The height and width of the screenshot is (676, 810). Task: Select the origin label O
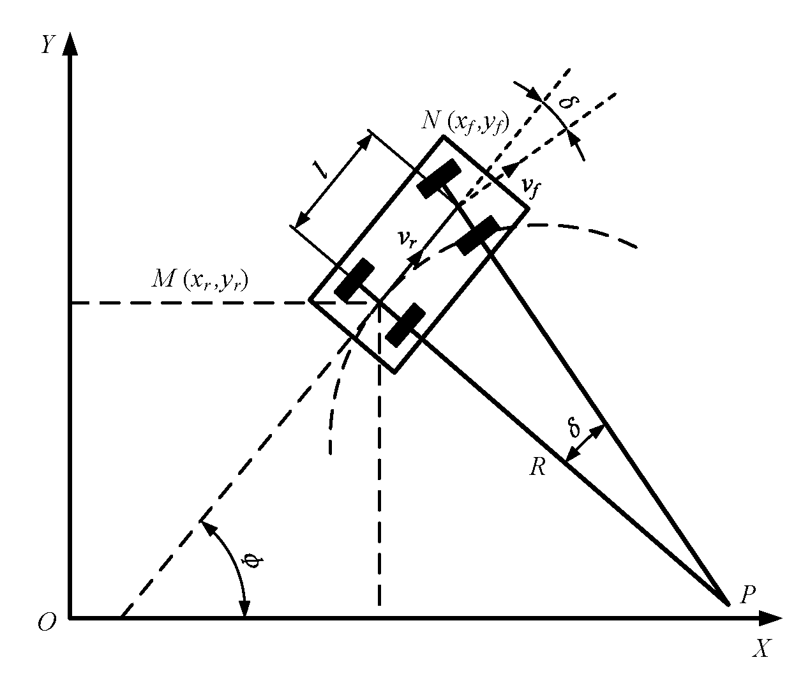[46, 622]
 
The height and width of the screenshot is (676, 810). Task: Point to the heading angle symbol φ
[253, 561]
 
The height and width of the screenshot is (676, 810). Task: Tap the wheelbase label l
[316, 169]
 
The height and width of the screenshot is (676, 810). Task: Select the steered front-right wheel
[477, 235]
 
